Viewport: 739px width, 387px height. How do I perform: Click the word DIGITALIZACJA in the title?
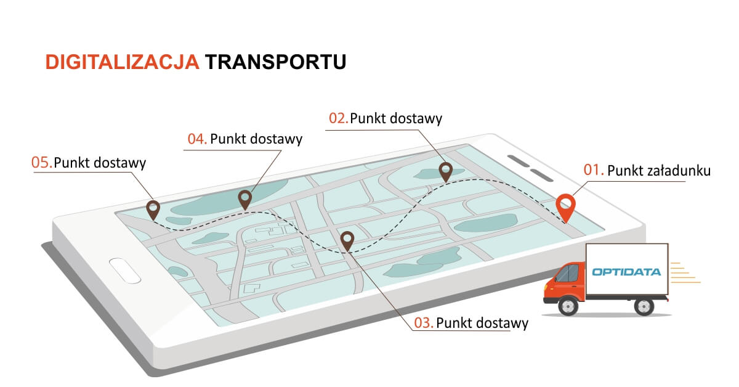point(122,62)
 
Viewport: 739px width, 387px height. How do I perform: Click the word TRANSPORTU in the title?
point(275,62)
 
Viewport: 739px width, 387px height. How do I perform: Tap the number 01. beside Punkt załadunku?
point(592,170)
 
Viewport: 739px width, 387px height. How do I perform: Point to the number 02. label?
point(338,118)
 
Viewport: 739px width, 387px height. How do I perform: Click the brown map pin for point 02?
point(445,171)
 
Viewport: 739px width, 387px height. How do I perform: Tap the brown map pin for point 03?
point(347,239)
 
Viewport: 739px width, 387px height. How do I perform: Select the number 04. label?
point(197,139)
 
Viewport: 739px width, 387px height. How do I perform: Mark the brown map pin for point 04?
point(245,198)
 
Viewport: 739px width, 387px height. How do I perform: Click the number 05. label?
point(41,163)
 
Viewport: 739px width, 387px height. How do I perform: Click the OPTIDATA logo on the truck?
point(626,271)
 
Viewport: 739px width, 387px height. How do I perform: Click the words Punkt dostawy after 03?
point(482,323)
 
